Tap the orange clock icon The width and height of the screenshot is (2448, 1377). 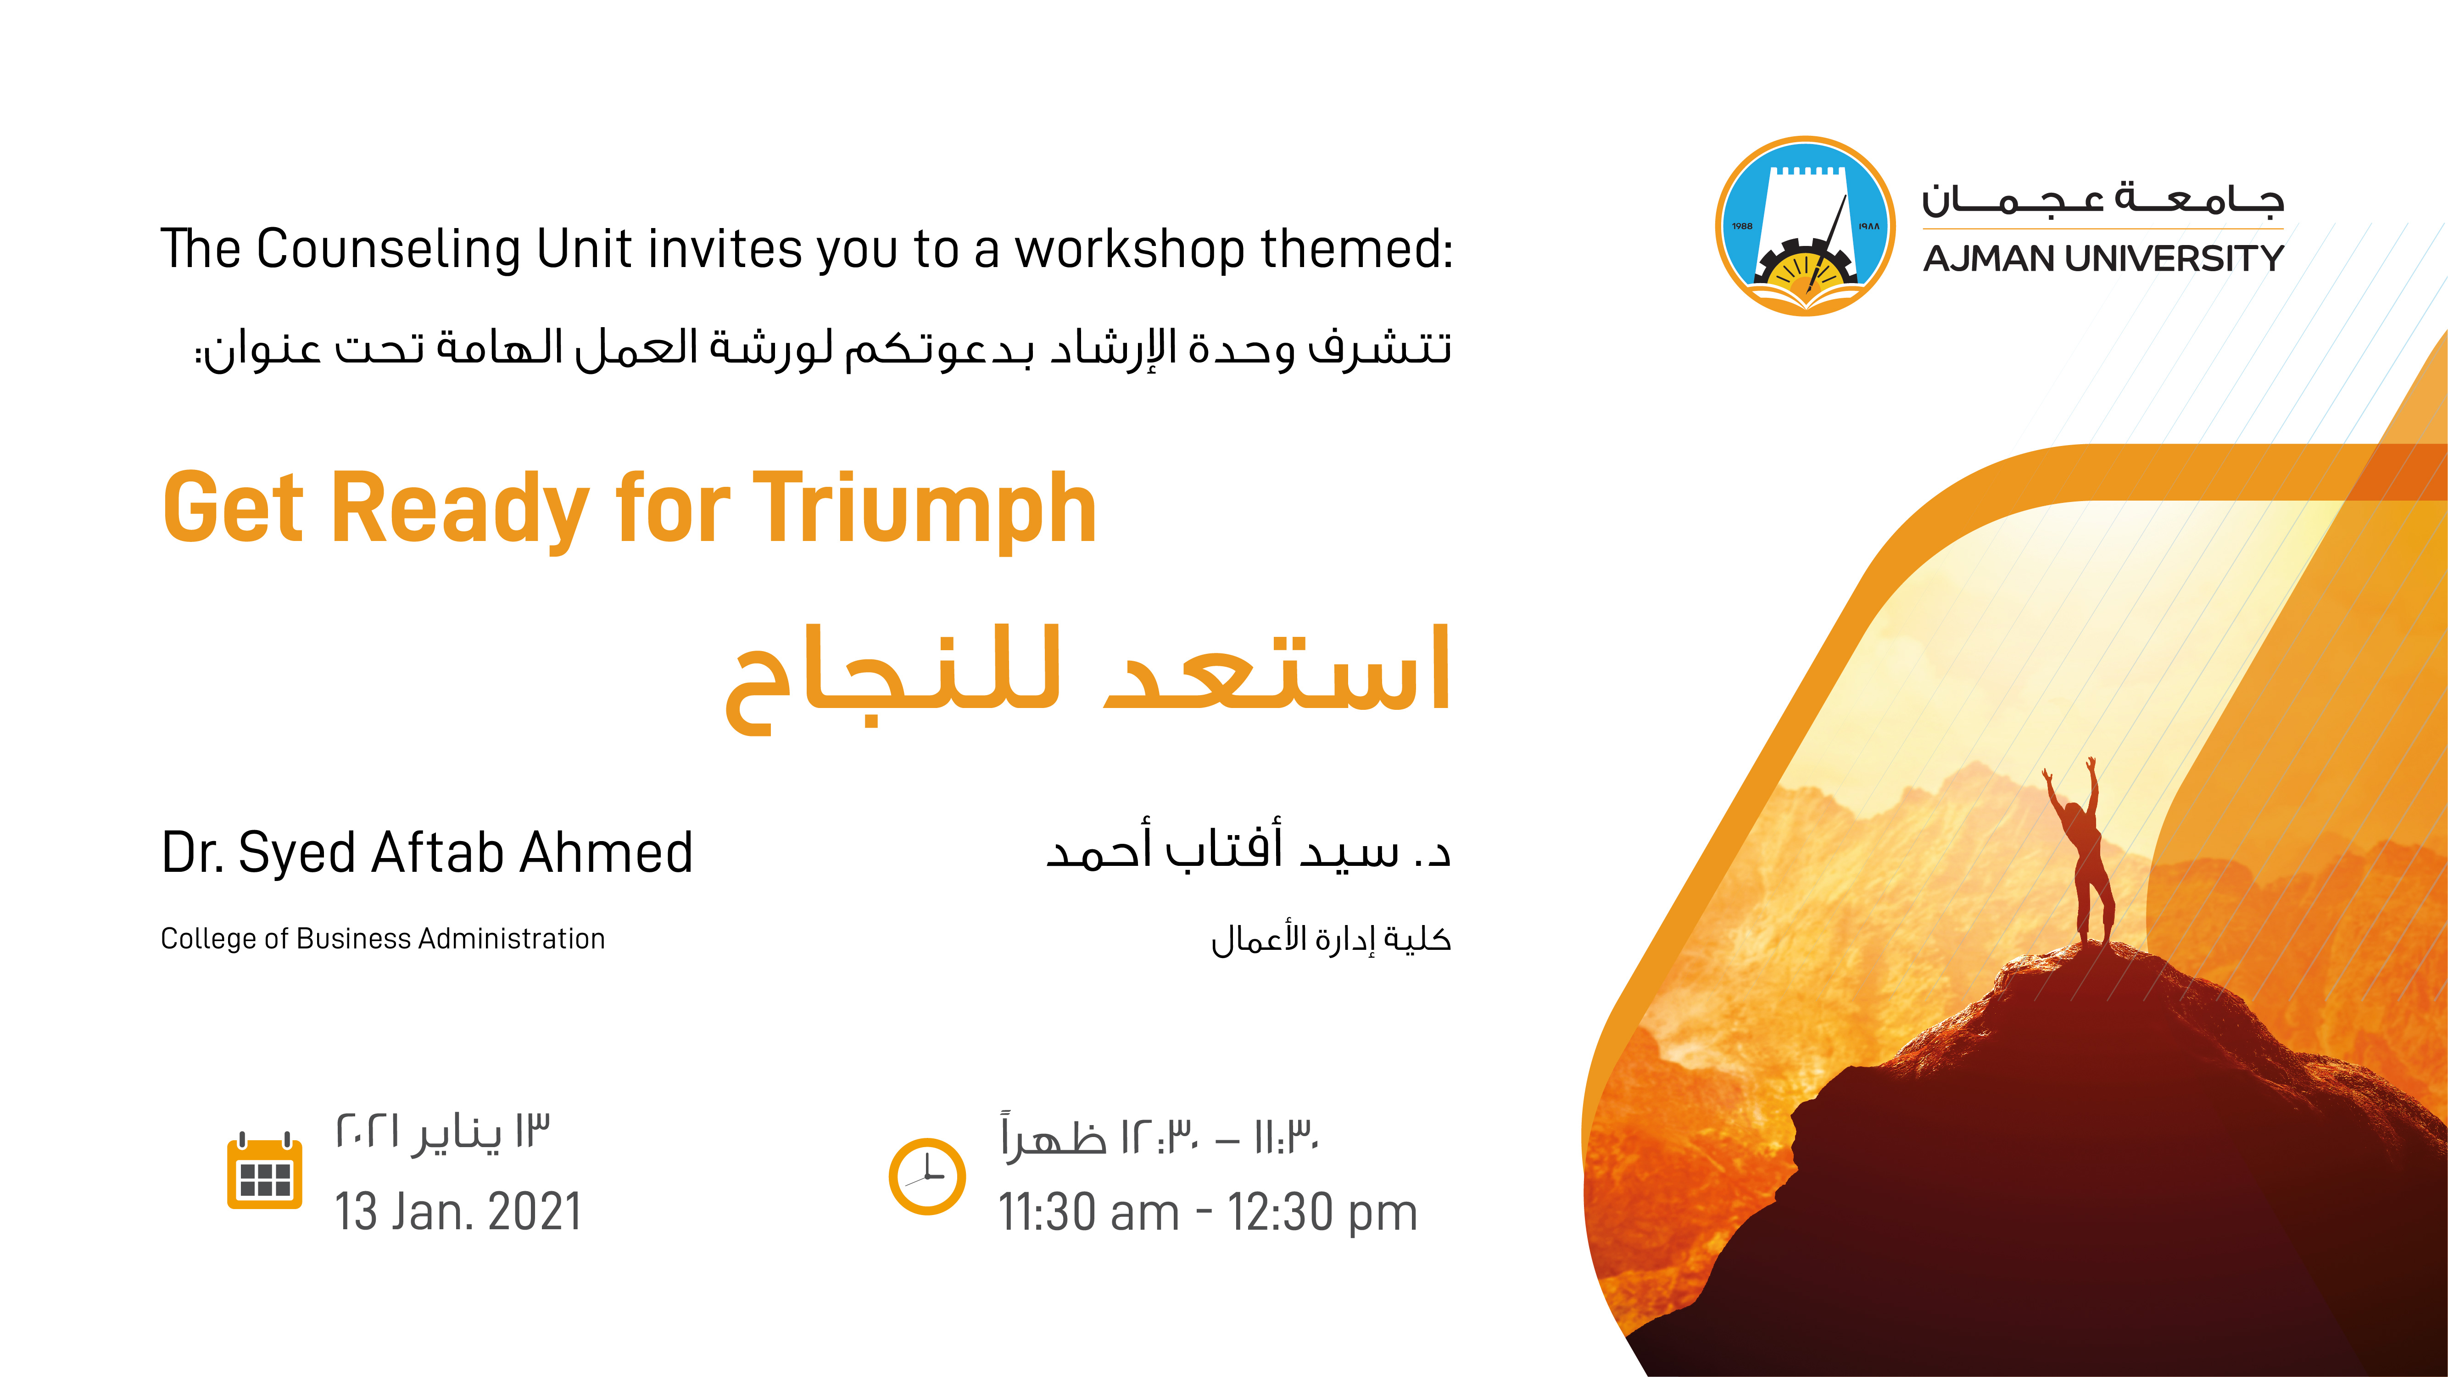pos(926,1176)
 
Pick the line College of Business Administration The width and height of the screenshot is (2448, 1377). pos(383,939)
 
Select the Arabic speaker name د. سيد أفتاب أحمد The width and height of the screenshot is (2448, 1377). pos(1248,846)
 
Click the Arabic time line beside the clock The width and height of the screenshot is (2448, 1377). pos(1160,1136)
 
